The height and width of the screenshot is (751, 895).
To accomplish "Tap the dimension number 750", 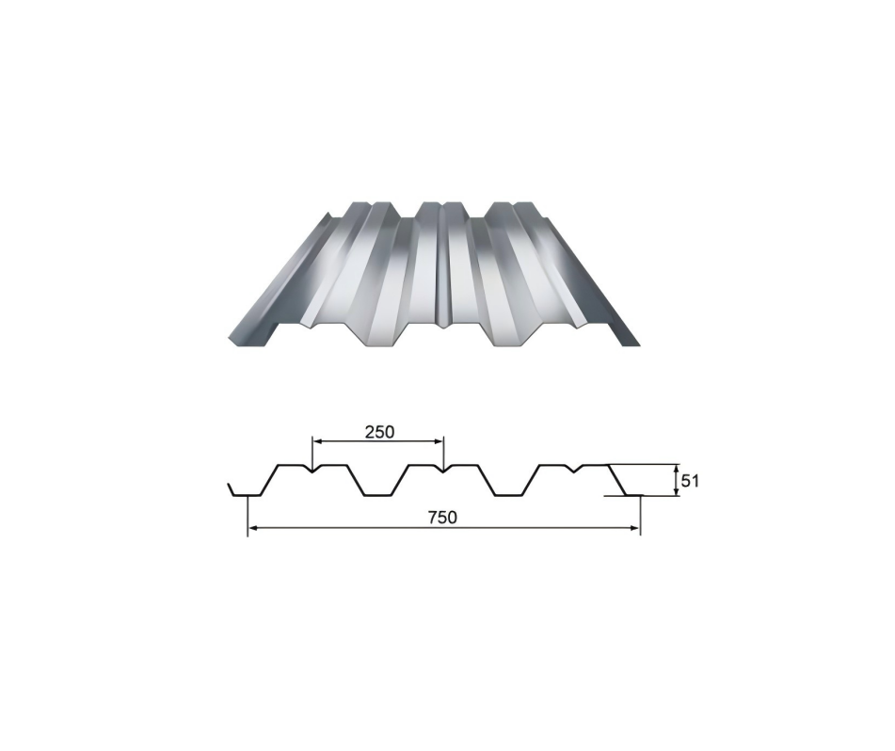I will click(442, 518).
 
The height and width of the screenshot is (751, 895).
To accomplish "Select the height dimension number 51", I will click(690, 481).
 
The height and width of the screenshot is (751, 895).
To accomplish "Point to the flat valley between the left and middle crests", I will click(376, 495).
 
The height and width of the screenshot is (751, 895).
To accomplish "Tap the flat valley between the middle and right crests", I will click(508, 495).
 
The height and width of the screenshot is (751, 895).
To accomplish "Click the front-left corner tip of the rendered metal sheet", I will click(229, 340).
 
